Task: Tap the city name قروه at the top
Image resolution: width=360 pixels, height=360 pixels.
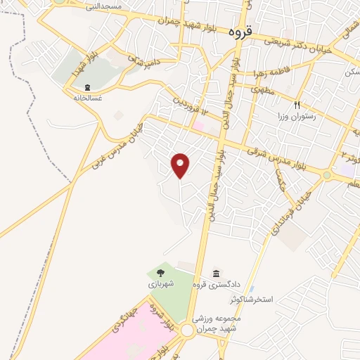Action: tap(240, 32)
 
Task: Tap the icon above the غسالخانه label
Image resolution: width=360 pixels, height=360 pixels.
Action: tap(86, 86)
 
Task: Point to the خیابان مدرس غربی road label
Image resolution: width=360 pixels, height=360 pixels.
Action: tap(117, 145)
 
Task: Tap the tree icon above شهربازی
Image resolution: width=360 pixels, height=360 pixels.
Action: tap(160, 272)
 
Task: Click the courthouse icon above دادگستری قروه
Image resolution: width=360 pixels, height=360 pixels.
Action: tap(216, 273)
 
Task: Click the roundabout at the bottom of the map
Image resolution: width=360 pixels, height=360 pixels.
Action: tap(187, 330)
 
